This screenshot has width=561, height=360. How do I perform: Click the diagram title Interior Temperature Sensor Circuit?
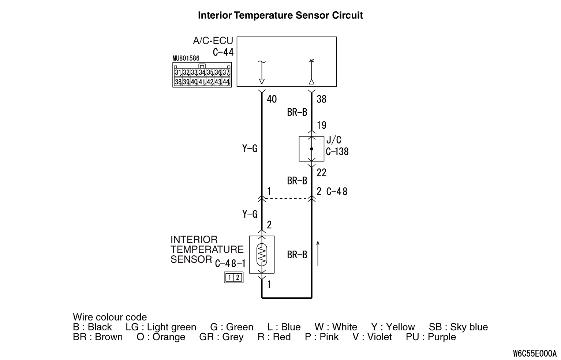280,15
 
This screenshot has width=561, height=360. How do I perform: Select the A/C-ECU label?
213,41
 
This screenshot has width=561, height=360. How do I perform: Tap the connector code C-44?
223,52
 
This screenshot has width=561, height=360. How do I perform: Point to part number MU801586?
186,59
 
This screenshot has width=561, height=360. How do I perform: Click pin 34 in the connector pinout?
202,72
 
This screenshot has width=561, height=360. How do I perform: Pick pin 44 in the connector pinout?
226,82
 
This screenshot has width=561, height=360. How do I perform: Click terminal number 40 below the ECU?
272,99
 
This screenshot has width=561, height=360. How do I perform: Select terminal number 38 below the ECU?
321,99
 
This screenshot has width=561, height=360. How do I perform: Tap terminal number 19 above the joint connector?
321,125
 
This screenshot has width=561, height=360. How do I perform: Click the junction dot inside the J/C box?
311,149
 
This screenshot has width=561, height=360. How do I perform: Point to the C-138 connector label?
337,151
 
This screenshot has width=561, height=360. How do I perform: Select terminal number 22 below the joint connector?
321,172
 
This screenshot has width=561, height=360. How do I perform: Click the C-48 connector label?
337,191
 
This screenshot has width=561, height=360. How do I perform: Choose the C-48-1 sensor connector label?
230,263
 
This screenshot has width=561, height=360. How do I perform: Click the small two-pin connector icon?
233,278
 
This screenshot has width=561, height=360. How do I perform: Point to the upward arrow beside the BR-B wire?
318,253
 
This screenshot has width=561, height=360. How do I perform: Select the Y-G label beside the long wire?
250,148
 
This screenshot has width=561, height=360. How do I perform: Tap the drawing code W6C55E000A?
535,353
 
